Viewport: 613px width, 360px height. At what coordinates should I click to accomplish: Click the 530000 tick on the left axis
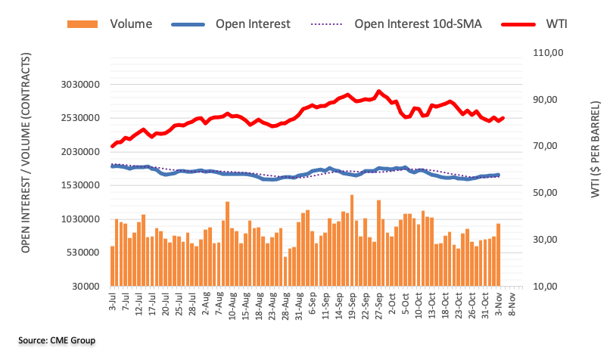(x=84, y=253)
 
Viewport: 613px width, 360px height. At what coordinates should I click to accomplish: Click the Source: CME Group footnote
(x=58, y=341)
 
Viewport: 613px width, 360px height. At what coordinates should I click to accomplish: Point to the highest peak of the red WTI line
(x=379, y=92)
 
